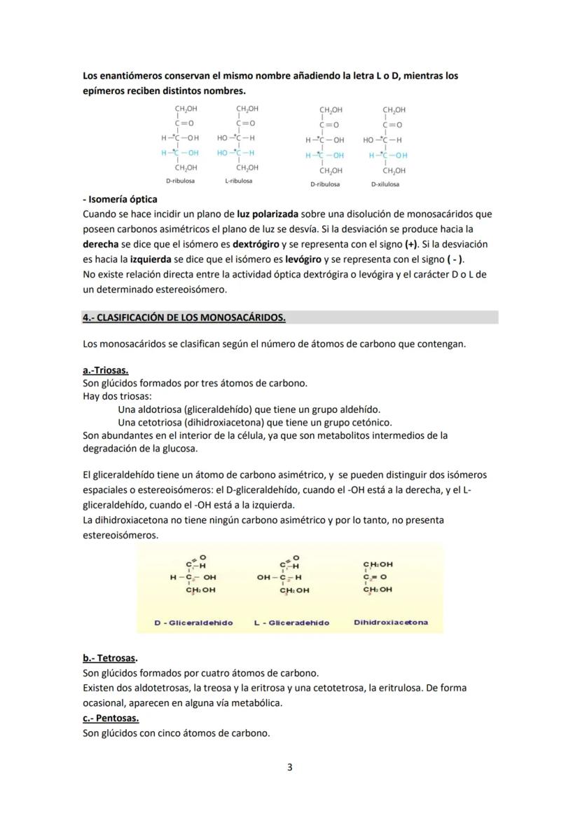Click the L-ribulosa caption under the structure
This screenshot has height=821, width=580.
click(x=239, y=181)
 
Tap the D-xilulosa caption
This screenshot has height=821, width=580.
click(x=385, y=184)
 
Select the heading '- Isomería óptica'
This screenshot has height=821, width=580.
click(x=120, y=200)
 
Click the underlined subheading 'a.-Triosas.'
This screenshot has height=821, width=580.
click(x=106, y=369)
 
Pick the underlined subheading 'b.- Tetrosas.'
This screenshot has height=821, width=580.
click(x=110, y=658)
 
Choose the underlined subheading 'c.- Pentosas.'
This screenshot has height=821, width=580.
click(x=111, y=719)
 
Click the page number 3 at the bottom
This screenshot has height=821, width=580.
click(x=290, y=767)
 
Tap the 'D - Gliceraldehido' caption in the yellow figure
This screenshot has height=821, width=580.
click(x=193, y=623)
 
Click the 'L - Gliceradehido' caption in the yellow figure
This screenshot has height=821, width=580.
click(x=291, y=623)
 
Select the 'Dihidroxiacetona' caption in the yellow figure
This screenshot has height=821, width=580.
click(x=391, y=622)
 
